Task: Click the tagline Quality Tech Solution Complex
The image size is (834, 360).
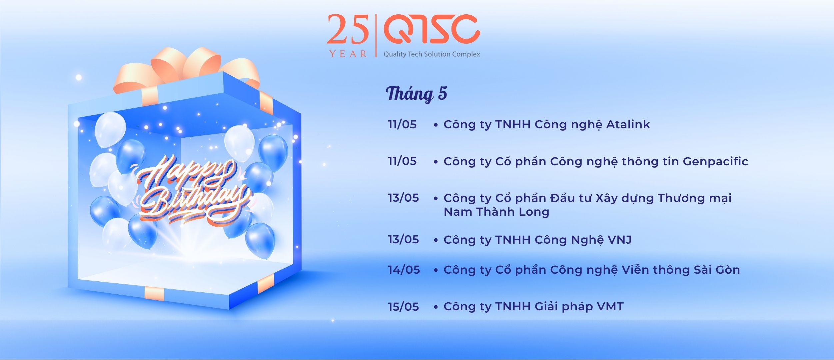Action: [432, 54]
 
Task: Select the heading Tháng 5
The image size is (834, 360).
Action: [417, 94]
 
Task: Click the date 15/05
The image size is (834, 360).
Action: [403, 306]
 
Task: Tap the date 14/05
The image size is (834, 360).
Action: [404, 270]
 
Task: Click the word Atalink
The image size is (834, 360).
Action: [628, 124]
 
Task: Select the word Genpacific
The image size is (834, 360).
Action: [715, 162]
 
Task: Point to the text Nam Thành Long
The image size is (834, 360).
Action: [496, 212]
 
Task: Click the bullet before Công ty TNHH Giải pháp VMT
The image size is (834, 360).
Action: [435, 307]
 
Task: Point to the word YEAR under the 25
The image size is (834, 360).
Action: [348, 54]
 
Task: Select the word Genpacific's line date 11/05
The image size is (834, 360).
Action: [402, 161]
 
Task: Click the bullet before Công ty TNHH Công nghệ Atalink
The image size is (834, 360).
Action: [435, 125]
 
